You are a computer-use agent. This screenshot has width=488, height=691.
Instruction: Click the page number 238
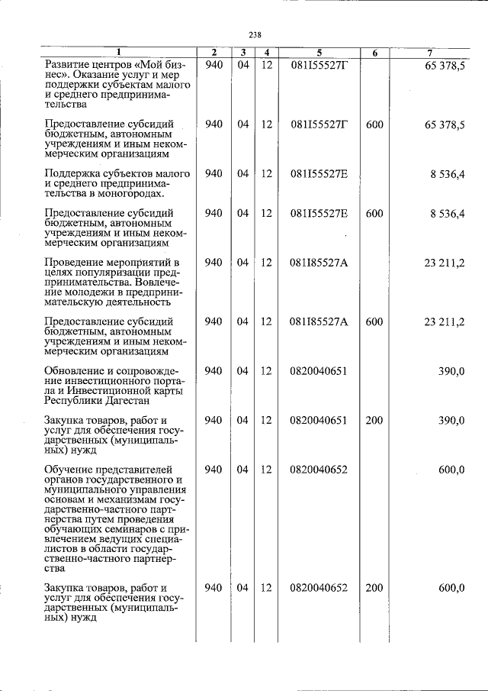coord(255,33)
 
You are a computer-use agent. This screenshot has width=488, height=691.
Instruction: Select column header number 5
coord(319,53)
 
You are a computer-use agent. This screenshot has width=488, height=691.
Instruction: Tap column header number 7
coord(431,53)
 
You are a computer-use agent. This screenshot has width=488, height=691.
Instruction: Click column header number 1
coord(118,53)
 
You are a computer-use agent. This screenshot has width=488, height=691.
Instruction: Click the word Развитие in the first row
coord(67,66)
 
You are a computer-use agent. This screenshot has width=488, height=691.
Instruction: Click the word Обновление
coord(74,370)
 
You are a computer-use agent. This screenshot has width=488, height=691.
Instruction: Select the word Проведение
coord(74,263)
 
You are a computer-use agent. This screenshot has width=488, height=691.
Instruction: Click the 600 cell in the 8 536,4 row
coord(374,213)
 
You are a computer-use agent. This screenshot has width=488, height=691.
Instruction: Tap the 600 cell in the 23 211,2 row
coord(374,321)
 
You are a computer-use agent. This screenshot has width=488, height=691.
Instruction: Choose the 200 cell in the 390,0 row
coord(374,420)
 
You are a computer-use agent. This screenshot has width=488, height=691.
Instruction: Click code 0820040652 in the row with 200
coord(319,587)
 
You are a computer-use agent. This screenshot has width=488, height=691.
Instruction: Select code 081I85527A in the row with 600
coord(319,321)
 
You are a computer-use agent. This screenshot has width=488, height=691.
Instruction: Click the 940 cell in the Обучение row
coord(213,469)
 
